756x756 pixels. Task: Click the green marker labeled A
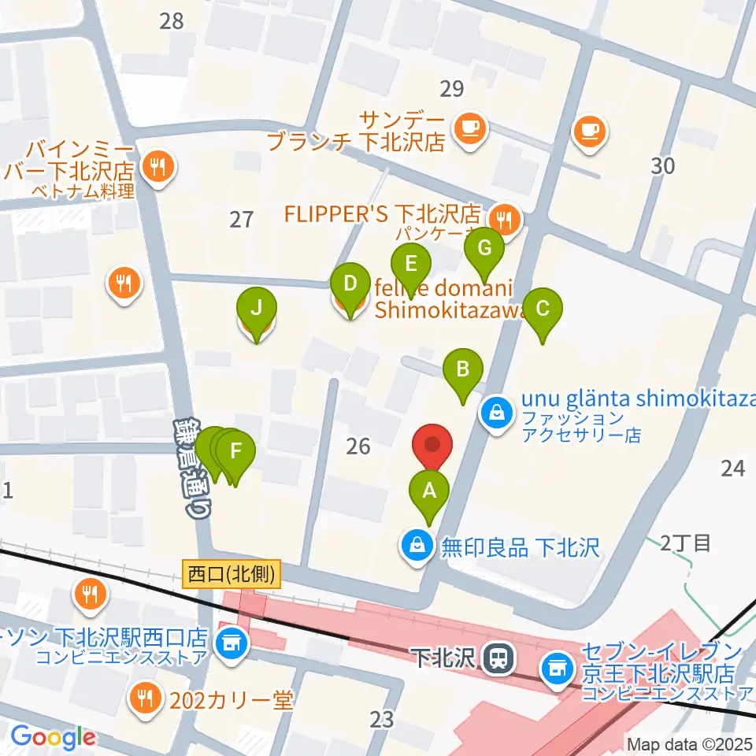(429, 492)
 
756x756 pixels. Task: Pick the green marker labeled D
(350, 283)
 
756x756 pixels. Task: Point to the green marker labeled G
(485, 249)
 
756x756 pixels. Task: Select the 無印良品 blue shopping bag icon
(416, 546)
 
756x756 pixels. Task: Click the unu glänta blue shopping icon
(498, 410)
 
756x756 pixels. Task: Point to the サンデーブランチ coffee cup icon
(471, 126)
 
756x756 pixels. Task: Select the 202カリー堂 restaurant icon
(145, 696)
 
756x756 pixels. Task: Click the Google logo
(52, 737)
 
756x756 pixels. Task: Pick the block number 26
(358, 447)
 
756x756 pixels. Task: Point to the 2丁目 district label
(685, 543)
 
